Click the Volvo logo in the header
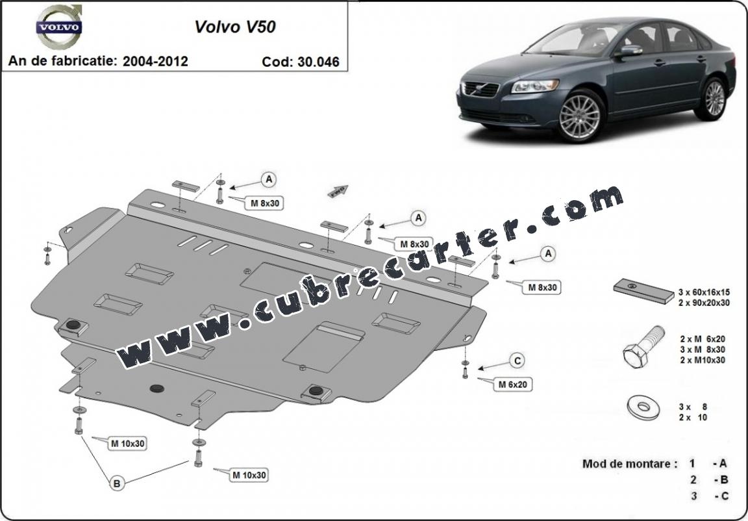59,27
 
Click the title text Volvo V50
234,27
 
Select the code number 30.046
318,62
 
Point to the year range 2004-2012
155,61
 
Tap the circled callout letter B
116,483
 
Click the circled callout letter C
517,361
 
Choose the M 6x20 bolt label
512,384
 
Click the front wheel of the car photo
580,116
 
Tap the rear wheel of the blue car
714,98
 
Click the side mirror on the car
629,51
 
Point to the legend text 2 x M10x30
703,360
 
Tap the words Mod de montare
630,463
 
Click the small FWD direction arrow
338,191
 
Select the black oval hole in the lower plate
157,388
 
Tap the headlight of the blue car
535,86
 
